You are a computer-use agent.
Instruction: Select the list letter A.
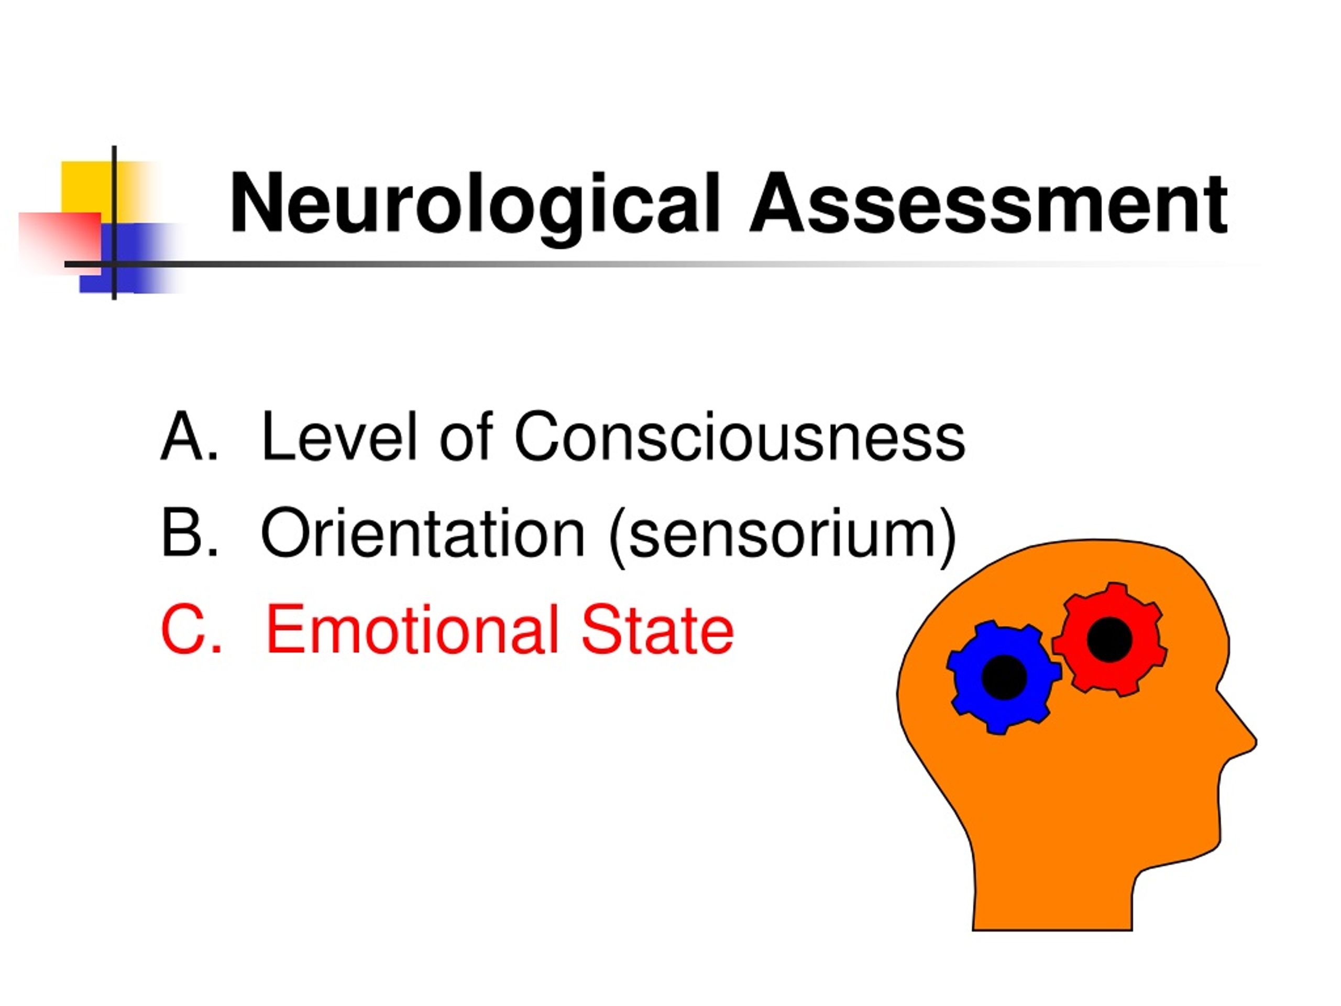[189, 436]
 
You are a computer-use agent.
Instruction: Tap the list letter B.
[189, 532]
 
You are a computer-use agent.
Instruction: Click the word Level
[339, 435]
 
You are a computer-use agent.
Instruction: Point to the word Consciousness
[740, 435]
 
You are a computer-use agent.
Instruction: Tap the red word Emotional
[412, 629]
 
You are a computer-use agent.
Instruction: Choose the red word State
[658, 629]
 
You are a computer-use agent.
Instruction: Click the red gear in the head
[1109, 639]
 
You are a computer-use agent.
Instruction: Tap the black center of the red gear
[1109, 639]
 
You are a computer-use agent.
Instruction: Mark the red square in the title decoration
[59, 242]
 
